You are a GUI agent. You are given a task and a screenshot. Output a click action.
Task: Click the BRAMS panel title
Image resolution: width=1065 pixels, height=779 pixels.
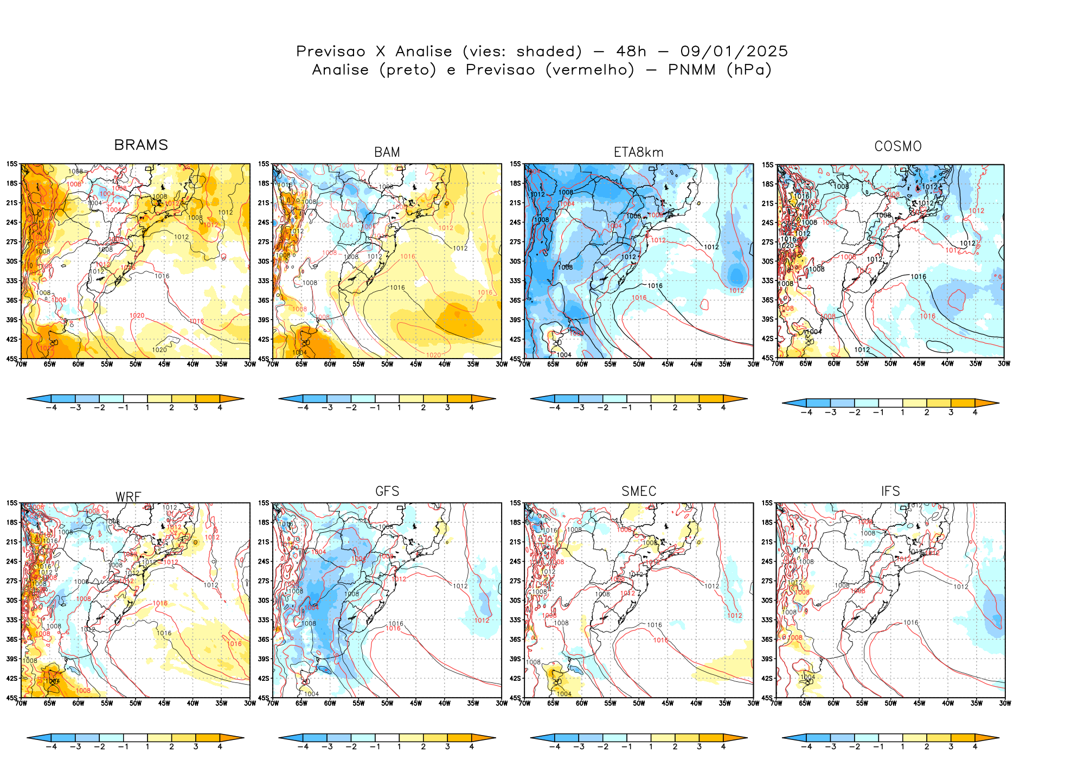point(141,145)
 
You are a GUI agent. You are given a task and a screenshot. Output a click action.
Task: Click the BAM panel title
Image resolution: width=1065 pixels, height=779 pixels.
point(387,152)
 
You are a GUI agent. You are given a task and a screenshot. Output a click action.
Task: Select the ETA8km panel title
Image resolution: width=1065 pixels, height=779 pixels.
point(638,152)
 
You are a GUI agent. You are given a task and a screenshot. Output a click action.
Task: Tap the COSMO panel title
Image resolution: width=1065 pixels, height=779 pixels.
point(898,146)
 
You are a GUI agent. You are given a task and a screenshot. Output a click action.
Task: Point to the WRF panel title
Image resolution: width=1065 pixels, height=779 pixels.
point(129,497)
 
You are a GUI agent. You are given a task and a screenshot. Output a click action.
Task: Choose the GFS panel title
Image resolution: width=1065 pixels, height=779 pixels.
point(387,491)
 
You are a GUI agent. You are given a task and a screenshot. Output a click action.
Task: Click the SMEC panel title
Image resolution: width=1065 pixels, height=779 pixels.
point(639,491)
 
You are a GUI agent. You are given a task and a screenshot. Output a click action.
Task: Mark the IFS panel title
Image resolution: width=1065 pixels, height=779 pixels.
point(890,491)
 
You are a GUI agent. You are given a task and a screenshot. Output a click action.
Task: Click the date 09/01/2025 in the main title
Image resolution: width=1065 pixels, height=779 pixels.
point(734,52)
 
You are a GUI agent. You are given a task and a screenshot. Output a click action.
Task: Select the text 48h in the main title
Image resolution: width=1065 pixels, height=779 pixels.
point(631,52)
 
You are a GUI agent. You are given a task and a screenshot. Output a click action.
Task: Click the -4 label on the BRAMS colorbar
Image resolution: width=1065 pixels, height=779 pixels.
point(51,407)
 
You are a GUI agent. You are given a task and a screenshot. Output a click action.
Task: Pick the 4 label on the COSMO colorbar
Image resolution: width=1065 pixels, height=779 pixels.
point(975,412)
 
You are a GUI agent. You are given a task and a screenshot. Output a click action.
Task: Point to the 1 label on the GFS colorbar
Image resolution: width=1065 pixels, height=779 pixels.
point(399,746)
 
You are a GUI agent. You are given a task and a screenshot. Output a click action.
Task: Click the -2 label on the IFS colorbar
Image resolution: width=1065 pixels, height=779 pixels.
point(855,746)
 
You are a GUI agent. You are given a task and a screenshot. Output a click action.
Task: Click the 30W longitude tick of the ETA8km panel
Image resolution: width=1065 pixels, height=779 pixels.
point(753,365)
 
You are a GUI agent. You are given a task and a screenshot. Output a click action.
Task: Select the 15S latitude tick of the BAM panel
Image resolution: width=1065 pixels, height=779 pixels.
point(264,164)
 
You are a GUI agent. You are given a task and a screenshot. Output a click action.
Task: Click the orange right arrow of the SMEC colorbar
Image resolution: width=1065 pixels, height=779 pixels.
point(736,738)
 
